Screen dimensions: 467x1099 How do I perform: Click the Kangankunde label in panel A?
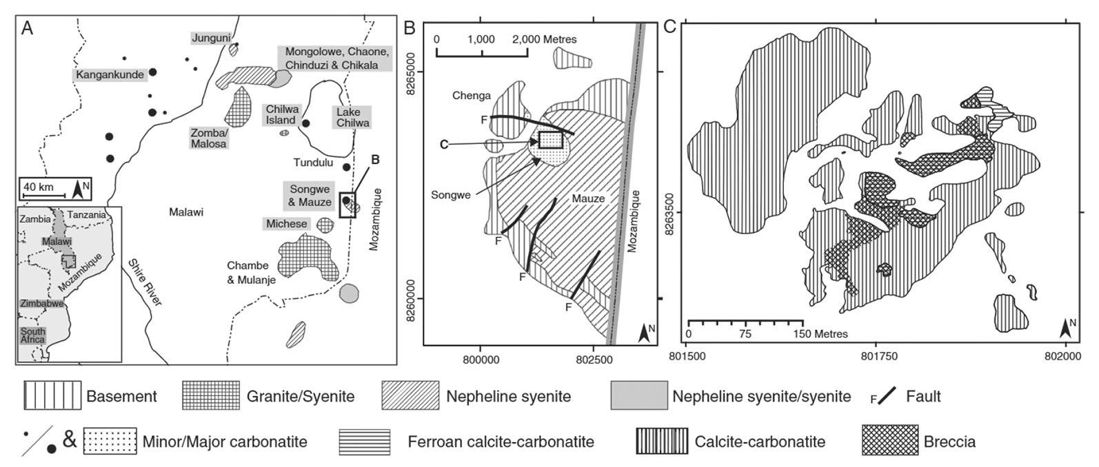(x=108, y=74)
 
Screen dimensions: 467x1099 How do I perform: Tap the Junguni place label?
(x=210, y=39)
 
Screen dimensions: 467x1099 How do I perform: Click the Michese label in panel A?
(x=285, y=225)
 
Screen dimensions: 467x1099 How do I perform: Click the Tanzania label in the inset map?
(x=88, y=215)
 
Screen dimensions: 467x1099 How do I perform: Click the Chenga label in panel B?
(x=472, y=96)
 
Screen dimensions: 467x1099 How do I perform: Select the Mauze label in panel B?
(x=587, y=198)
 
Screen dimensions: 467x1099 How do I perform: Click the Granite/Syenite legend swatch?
(x=211, y=396)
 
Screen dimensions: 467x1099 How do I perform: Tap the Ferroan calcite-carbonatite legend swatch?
(x=364, y=442)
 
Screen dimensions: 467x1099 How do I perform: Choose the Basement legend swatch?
(x=52, y=396)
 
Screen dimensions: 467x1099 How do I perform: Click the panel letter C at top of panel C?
(x=669, y=28)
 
